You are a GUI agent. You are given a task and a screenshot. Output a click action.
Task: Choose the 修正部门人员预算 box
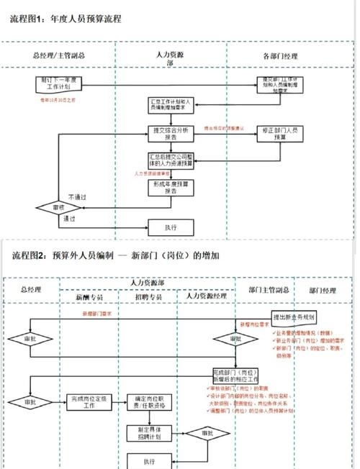pos(281,135)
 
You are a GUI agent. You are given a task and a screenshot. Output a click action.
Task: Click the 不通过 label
pos(78,196)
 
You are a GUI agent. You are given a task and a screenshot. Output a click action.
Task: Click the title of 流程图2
pos(116,256)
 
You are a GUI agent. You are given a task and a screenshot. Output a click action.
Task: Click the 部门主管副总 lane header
pos(269,290)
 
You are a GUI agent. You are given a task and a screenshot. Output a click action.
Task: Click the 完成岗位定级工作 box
pos(91,400)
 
